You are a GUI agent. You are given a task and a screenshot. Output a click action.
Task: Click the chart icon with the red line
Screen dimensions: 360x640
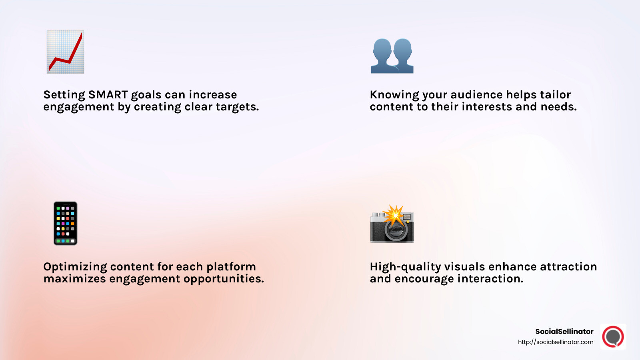click(x=65, y=52)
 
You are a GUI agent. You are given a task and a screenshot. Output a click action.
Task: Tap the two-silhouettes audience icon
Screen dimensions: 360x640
click(x=392, y=56)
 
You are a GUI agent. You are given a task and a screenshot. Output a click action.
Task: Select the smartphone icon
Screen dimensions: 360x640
click(x=65, y=223)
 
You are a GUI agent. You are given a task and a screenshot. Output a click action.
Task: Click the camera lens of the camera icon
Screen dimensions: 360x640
click(x=396, y=230)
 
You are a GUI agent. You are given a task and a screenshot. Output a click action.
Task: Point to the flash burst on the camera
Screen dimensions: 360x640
click(x=394, y=215)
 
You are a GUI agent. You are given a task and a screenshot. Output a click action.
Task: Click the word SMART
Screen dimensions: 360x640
click(x=108, y=95)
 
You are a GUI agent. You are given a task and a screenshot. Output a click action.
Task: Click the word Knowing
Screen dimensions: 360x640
click(x=394, y=95)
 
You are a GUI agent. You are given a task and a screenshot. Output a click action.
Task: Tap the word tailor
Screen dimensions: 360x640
click(x=555, y=95)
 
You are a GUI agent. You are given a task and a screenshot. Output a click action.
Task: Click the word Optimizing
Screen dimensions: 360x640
click(x=75, y=267)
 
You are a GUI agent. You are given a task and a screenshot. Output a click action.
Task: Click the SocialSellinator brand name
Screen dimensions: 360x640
click(x=564, y=331)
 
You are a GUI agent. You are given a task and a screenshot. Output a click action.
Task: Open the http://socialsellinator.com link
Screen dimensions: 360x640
click(x=556, y=342)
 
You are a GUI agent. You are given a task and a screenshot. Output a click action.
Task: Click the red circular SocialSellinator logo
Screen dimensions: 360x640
click(x=613, y=336)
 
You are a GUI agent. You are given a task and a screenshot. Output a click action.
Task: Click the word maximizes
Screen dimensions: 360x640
click(x=75, y=279)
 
